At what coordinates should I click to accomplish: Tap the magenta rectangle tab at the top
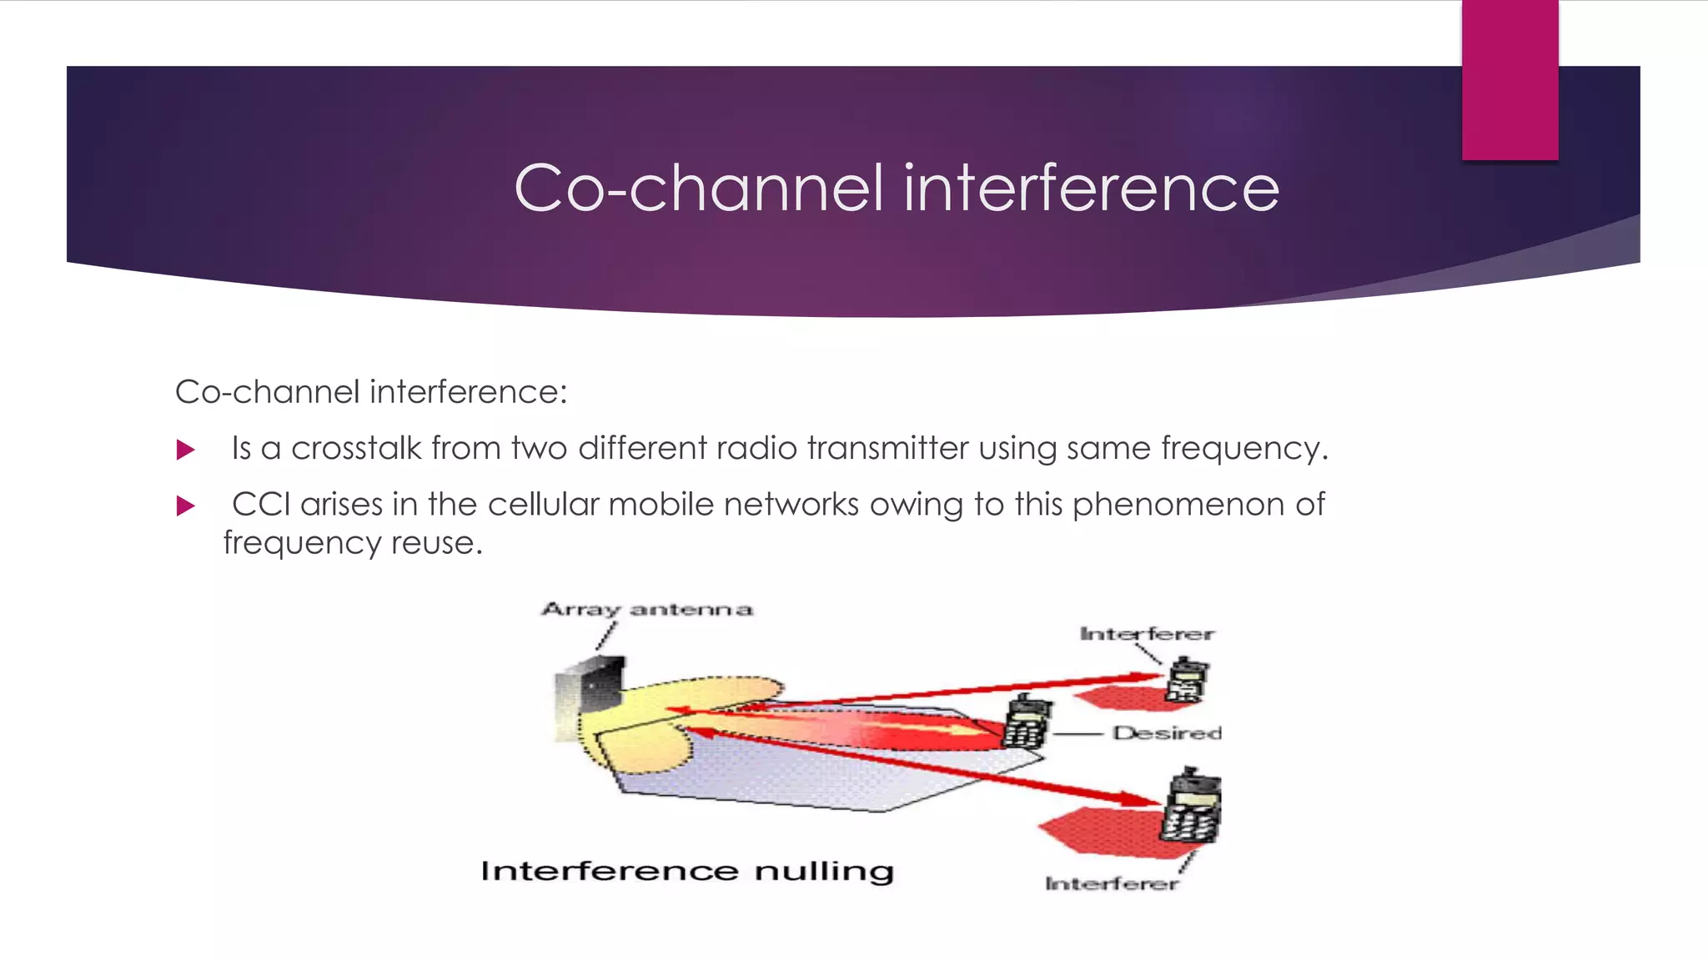(x=1510, y=80)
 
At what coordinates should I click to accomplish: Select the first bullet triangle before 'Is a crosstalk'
(x=186, y=450)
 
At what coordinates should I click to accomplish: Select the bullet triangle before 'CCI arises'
(x=186, y=506)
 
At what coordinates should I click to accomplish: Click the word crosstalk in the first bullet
(x=356, y=449)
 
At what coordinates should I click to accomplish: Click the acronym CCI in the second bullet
(x=261, y=505)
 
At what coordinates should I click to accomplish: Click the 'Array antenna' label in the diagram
(x=647, y=610)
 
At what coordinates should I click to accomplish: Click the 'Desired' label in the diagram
(x=1166, y=733)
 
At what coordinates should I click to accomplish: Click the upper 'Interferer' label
(x=1147, y=635)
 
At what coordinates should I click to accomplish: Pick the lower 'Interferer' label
(x=1112, y=883)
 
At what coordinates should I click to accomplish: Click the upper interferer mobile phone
(x=1186, y=679)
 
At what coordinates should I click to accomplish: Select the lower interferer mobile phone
(x=1193, y=808)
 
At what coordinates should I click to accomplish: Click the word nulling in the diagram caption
(x=824, y=872)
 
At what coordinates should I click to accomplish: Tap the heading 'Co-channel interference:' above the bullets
(x=371, y=392)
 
